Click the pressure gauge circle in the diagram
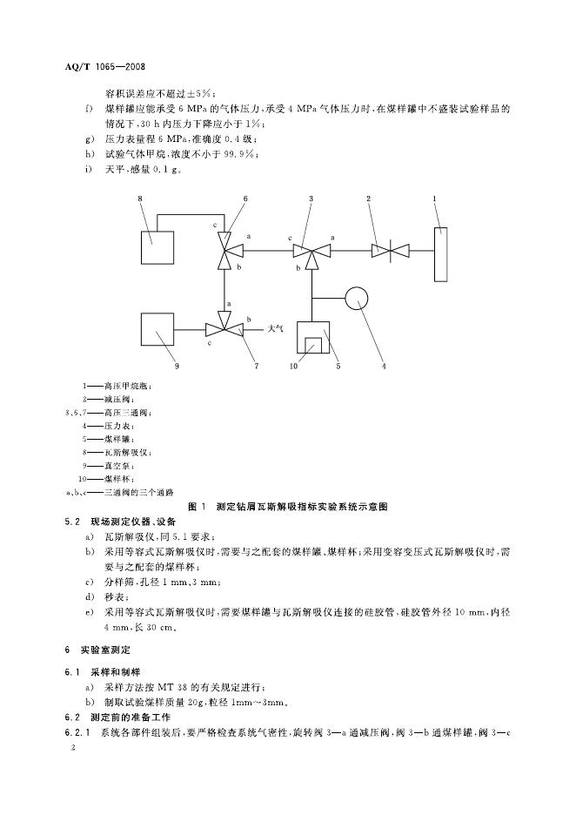(357, 299)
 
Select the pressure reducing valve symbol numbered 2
(390, 251)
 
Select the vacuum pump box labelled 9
(157, 330)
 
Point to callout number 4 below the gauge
(384, 366)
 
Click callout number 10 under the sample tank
(293, 366)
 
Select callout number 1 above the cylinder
(435, 199)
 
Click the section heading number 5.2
(72, 521)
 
